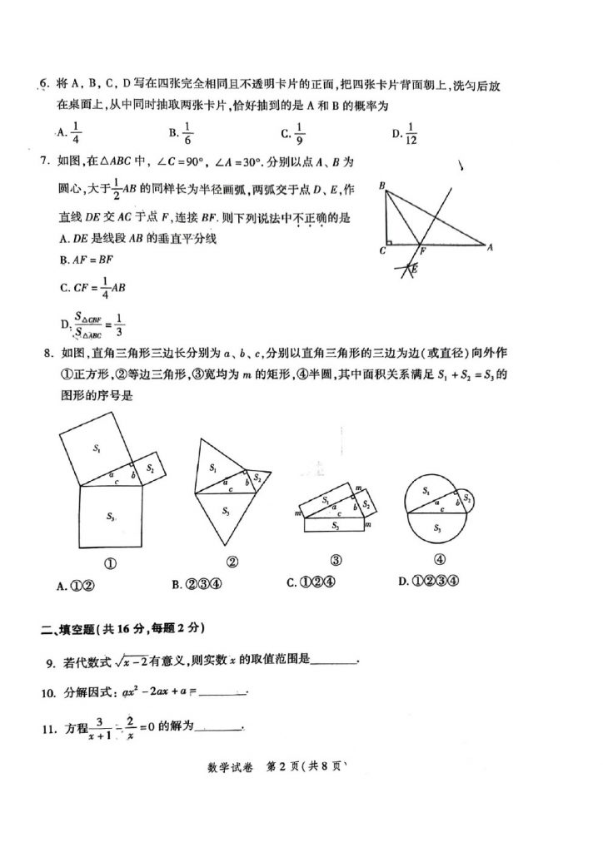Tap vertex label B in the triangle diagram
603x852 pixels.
381,188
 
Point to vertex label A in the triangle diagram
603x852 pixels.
491,247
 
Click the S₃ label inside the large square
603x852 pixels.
111,517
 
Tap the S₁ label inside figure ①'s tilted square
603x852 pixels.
97,449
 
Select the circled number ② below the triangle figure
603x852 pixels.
232,562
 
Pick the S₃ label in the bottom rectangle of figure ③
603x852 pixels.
335,526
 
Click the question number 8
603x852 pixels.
48,354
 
